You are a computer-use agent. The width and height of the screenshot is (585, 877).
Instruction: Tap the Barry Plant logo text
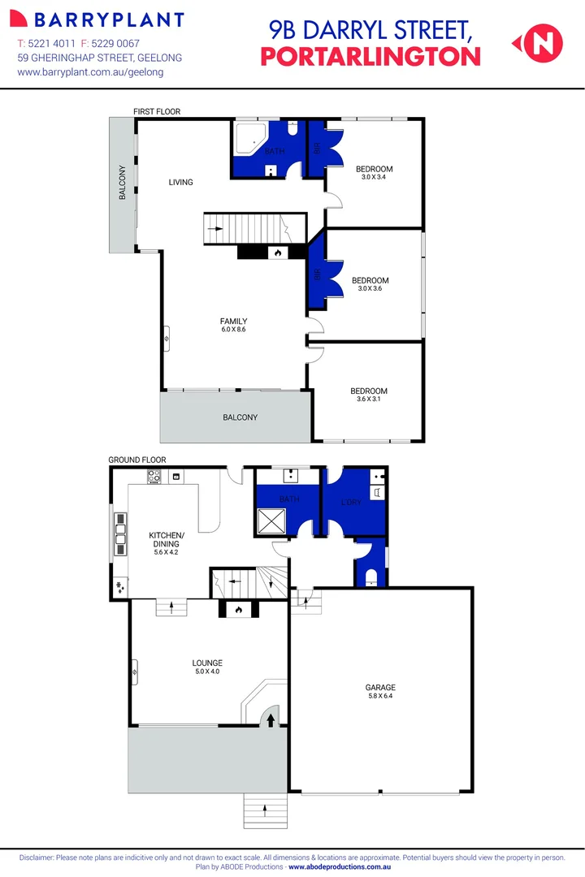tap(100, 19)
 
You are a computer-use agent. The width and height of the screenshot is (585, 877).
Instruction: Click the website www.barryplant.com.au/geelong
tap(90, 72)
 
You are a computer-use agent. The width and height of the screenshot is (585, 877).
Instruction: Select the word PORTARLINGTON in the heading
tap(370, 56)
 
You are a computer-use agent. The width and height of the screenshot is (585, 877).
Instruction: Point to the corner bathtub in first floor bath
tap(248, 140)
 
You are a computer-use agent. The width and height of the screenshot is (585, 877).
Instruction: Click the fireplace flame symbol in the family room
tap(277, 253)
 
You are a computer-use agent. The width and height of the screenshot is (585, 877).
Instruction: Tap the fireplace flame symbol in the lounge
tap(238, 609)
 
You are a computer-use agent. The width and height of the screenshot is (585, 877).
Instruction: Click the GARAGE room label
tap(380, 688)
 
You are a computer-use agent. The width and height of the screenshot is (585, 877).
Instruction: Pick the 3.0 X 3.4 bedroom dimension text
tap(374, 177)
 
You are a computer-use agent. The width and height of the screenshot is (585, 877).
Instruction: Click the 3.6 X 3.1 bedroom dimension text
tap(368, 399)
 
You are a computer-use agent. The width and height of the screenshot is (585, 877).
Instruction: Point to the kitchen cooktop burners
tap(154, 478)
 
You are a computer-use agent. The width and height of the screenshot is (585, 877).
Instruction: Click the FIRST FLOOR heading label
tap(157, 111)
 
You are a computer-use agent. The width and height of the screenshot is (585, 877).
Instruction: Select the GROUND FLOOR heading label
tap(137, 460)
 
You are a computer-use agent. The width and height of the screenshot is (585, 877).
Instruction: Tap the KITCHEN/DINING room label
tap(167, 539)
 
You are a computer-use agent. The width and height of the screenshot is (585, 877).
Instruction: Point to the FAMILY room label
tap(233, 322)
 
